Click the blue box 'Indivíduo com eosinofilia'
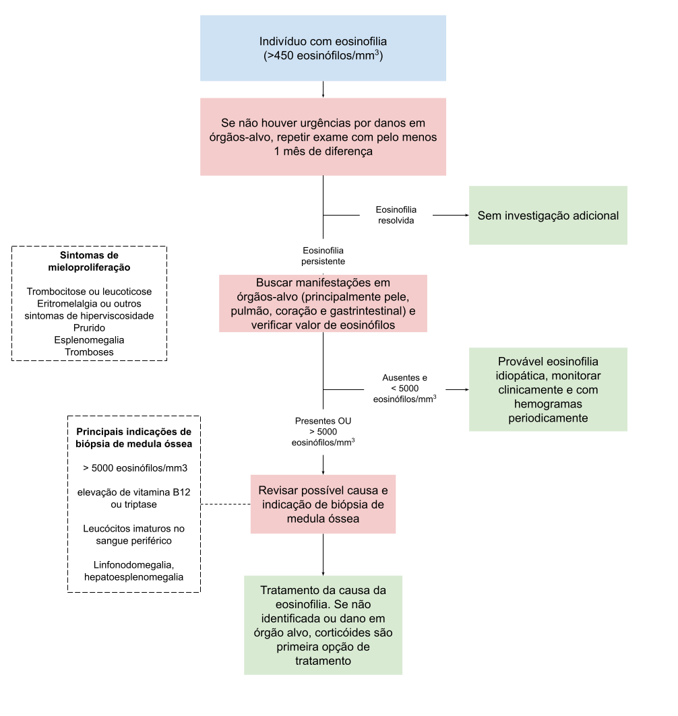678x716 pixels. click(x=323, y=48)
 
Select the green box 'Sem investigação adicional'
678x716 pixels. click(x=548, y=215)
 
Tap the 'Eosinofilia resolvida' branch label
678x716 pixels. click(x=396, y=215)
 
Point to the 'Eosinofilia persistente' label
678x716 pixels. click(x=323, y=256)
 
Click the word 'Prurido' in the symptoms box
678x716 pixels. click(x=89, y=328)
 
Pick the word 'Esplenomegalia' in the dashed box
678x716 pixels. click(x=89, y=339)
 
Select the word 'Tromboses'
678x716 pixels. click(x=89, y=352)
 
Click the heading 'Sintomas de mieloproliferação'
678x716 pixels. click(x=89, y=261)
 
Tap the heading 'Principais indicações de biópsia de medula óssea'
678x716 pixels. click(x=134, y=437)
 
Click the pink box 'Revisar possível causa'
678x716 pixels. click(x=323, y=504)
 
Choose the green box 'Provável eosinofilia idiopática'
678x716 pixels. click(x=548, y=389)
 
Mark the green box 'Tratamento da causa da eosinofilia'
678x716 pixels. click(x=323, y=625)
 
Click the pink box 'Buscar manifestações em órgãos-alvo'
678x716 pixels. click(x=323, y=303)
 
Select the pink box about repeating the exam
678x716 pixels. click(x=323, y=137)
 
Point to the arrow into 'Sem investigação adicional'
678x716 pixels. click(x=451, y=215)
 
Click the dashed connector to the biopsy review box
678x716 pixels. click(x=226, y=504)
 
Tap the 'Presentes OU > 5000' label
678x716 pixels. click(x=323, y=432)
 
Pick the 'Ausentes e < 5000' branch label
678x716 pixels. click(x=405, y=389)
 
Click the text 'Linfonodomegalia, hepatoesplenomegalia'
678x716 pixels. click(x=134, y=571)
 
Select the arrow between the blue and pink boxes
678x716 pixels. click(x=323, y=90)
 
